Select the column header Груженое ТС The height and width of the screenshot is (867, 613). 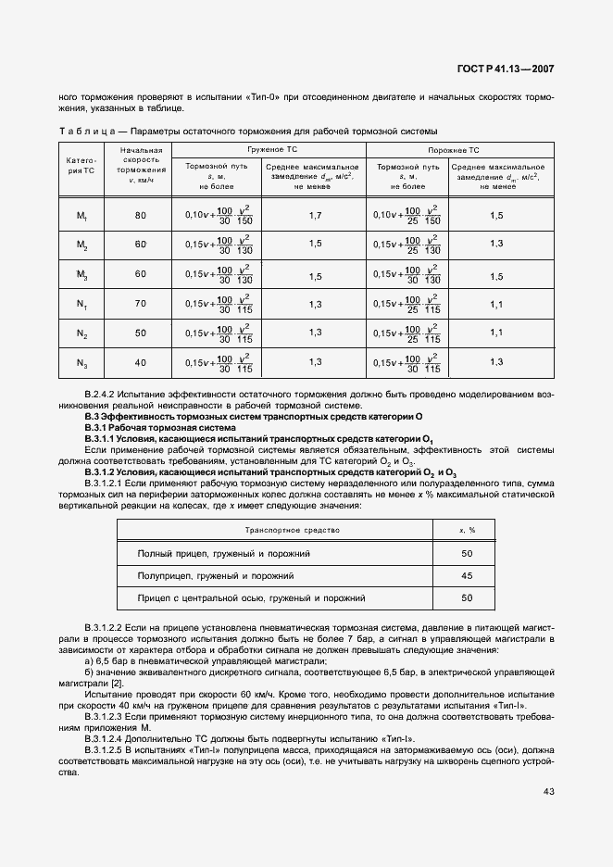tap(271, 149)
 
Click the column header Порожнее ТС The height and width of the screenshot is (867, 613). tap(454, 149)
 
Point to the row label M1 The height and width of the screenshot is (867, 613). tap(82, 216)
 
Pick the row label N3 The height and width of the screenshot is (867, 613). tap(82, 362)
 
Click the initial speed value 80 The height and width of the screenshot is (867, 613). tap(141, 216)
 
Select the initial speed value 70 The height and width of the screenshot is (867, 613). tap(141, 304)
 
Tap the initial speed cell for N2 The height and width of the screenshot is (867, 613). tap(141, 333)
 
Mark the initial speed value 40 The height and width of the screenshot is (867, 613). tap(141, 362)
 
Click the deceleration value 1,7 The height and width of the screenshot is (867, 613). tap(315, 216)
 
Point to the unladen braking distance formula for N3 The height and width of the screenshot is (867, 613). tap(407, 362)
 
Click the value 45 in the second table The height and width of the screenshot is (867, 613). tap(467, 575)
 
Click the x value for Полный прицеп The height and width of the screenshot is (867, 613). tap(467, 553)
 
